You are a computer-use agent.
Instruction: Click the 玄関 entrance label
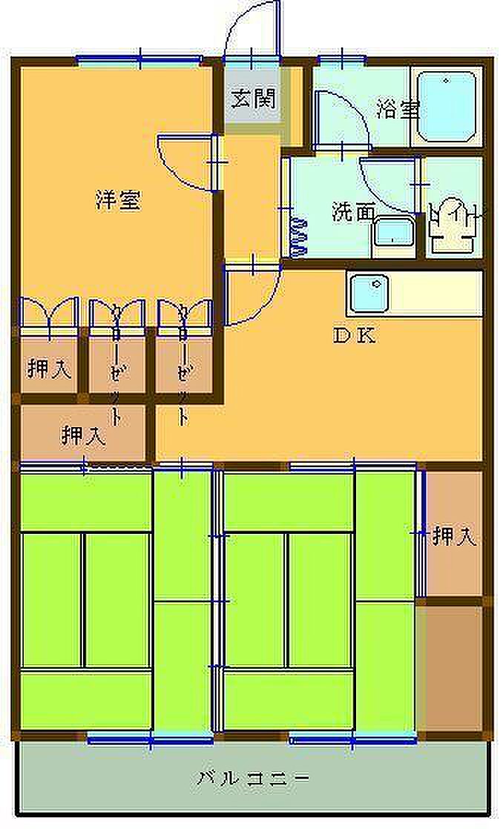(x=253, y=99)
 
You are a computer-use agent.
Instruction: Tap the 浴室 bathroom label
(x=398, y=110)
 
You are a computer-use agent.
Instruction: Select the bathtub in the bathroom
(x=445, y=105)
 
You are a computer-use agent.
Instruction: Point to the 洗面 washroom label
(x=352, y=212)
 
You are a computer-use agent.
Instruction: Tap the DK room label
(x=354, y=335)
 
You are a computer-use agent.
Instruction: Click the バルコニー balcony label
(x=253, y=779)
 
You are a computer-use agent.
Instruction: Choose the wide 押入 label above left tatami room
(x=83, y=435)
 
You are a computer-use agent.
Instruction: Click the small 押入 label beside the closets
(x=49, y=369)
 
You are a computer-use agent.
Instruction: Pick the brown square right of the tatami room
(x=450, y=667)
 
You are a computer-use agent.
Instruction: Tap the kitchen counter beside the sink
(x=437, y=294)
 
